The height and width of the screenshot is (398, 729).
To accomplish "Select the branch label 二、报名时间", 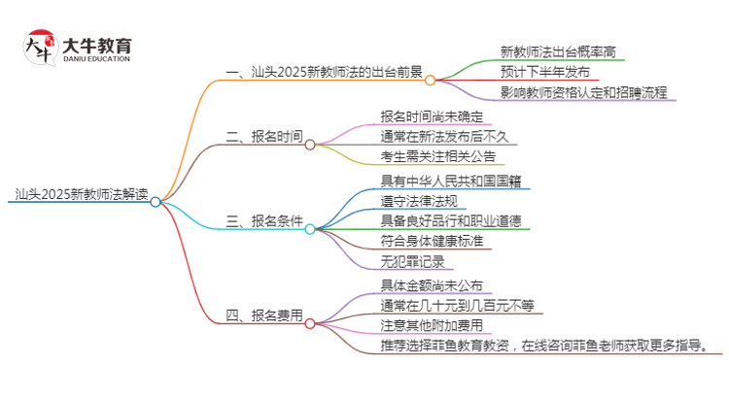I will point(263,137).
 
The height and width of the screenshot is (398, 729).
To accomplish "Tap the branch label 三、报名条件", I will point(263,221).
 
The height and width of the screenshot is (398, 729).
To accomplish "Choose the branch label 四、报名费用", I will point(263,315).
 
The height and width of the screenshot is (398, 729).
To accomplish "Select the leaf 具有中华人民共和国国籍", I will point(447,180).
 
